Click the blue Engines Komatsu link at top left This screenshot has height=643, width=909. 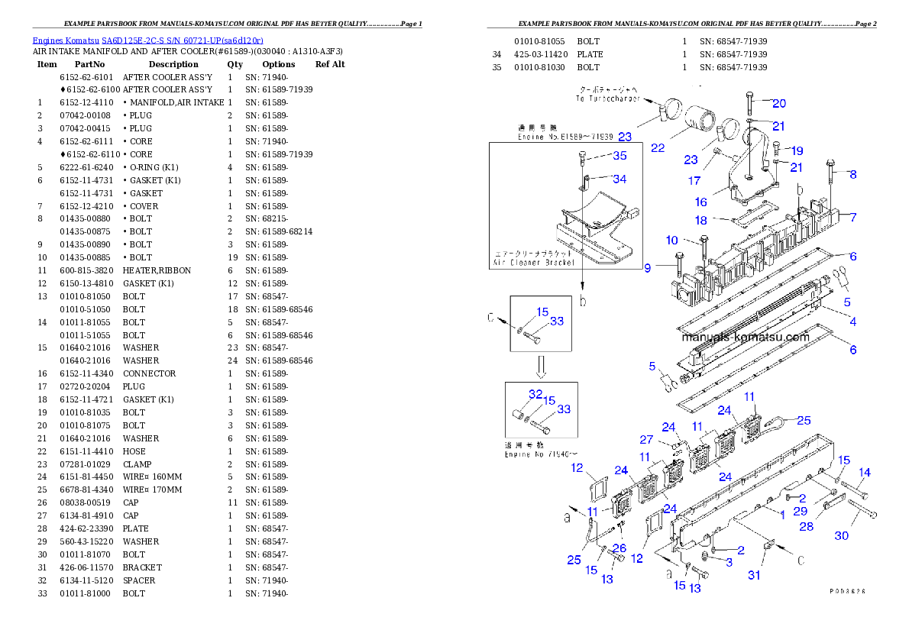coord(147,40)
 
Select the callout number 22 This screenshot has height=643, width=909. coord(658,147)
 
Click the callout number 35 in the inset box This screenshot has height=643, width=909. coord(619,156)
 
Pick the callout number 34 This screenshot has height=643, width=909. coord(619,179)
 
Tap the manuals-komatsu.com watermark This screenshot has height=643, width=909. coord(745,338)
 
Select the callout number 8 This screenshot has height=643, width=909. coord(853,174)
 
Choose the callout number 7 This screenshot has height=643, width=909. coord(853,218)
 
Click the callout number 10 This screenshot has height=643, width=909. coord(671,241)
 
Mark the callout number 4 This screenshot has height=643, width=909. coord(853,321)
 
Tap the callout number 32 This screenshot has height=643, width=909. coord(535,394)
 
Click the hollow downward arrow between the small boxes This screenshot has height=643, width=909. coord(540,367)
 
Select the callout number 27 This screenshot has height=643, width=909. coord(646,440)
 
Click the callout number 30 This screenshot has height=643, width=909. coord(841,535)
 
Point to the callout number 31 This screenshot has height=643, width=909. coord(754,574)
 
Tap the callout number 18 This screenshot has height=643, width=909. coord(700,221)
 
